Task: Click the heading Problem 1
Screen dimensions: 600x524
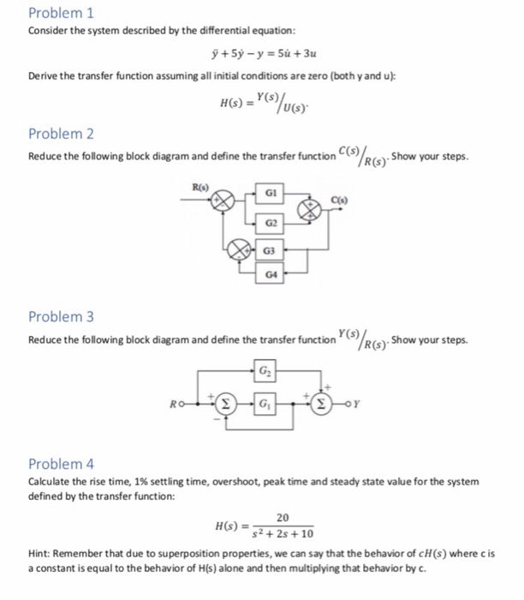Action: (x=61, y=13)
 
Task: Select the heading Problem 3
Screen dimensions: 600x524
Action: (x=61, y=317)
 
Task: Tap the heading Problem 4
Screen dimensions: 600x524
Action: (x=61, y=464)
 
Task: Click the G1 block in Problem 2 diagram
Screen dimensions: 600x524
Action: (x=271, y=196)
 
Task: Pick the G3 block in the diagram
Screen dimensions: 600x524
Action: (x=271, y=250)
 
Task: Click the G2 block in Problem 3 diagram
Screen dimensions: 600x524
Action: (x=265, y=373)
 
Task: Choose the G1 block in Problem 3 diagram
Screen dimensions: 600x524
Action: (x=265, y=401)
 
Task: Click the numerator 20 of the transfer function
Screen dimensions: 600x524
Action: (x=283, y=518)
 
